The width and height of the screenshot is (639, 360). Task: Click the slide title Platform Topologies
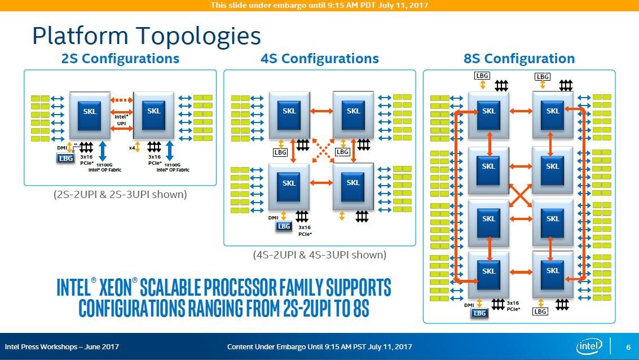(146, 36)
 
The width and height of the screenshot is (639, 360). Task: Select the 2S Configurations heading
(120, 59)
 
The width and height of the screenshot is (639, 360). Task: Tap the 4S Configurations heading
(319, 59)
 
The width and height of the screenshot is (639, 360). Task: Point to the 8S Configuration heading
(519, 59)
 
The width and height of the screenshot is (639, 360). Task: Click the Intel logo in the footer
(590, 346)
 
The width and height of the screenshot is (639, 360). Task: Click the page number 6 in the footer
(628, 346)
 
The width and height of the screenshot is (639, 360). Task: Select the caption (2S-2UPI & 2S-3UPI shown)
(120, 195)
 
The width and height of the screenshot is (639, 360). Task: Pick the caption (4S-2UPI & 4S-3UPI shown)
(319, 255)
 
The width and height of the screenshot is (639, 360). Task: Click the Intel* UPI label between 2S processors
(121, 120)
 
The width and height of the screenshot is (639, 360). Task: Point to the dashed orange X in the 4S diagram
(320, 152)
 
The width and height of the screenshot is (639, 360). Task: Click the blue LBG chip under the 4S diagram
(284, 226)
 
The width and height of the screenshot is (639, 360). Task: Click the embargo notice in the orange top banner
(319, 5)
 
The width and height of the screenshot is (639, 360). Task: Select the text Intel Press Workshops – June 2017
(62, 346)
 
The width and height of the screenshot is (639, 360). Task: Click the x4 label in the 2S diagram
(131, 148)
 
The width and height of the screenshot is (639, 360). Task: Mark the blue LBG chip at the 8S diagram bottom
(479, 313)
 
